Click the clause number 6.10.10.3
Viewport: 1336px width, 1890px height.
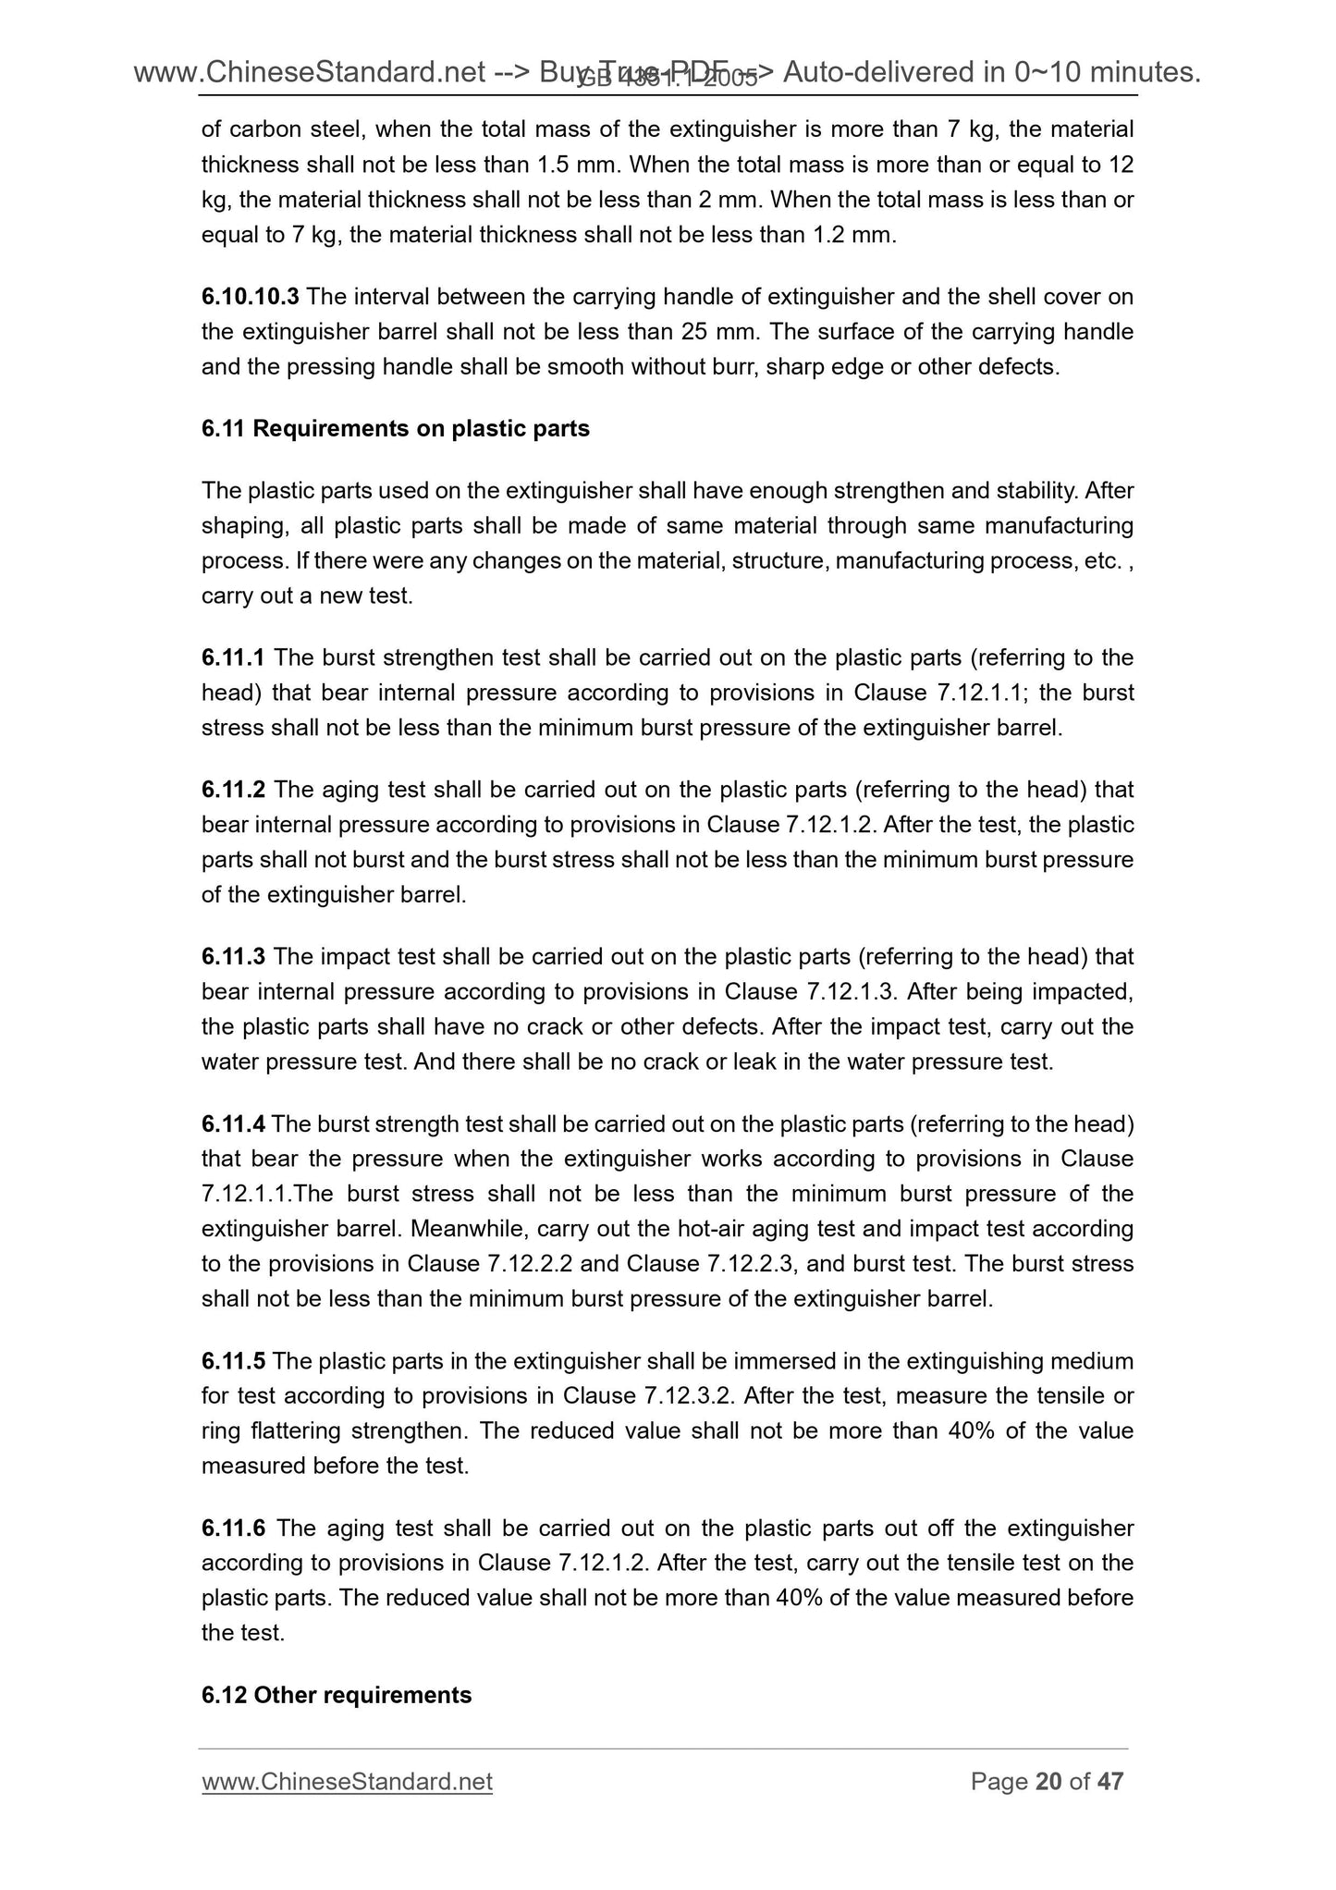click(250, 297)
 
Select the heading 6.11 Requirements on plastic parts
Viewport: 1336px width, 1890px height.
click(395, 429)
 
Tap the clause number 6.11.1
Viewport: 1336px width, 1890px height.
click(233, 657)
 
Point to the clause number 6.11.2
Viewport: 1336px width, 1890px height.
click(233, 790)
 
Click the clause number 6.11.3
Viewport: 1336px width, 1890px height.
click(233, 956)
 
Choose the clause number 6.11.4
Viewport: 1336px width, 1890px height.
click(233, 1123)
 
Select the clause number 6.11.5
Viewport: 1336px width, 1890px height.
click(233, 1361)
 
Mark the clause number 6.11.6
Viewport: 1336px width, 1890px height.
click(233, 1528)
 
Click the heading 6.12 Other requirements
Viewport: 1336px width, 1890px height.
click(337, 1695)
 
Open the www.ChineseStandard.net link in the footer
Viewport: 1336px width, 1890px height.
click(347, 1782)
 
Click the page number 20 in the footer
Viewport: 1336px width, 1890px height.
click(1048, 1782)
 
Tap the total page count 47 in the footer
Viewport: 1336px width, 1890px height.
click(1109, 1782)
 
